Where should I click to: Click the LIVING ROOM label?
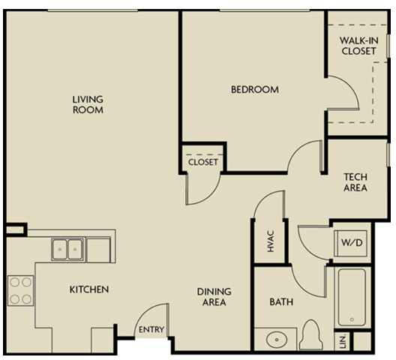88,104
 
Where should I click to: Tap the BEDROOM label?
254,90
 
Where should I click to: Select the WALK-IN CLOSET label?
358,45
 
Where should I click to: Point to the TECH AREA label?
355,182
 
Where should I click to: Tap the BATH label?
280,303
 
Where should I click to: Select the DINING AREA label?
213,297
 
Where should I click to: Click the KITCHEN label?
89,289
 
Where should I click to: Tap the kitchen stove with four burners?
21,290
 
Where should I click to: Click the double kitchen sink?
67,247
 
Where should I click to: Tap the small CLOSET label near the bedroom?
202,162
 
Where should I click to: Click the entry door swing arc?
151,314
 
